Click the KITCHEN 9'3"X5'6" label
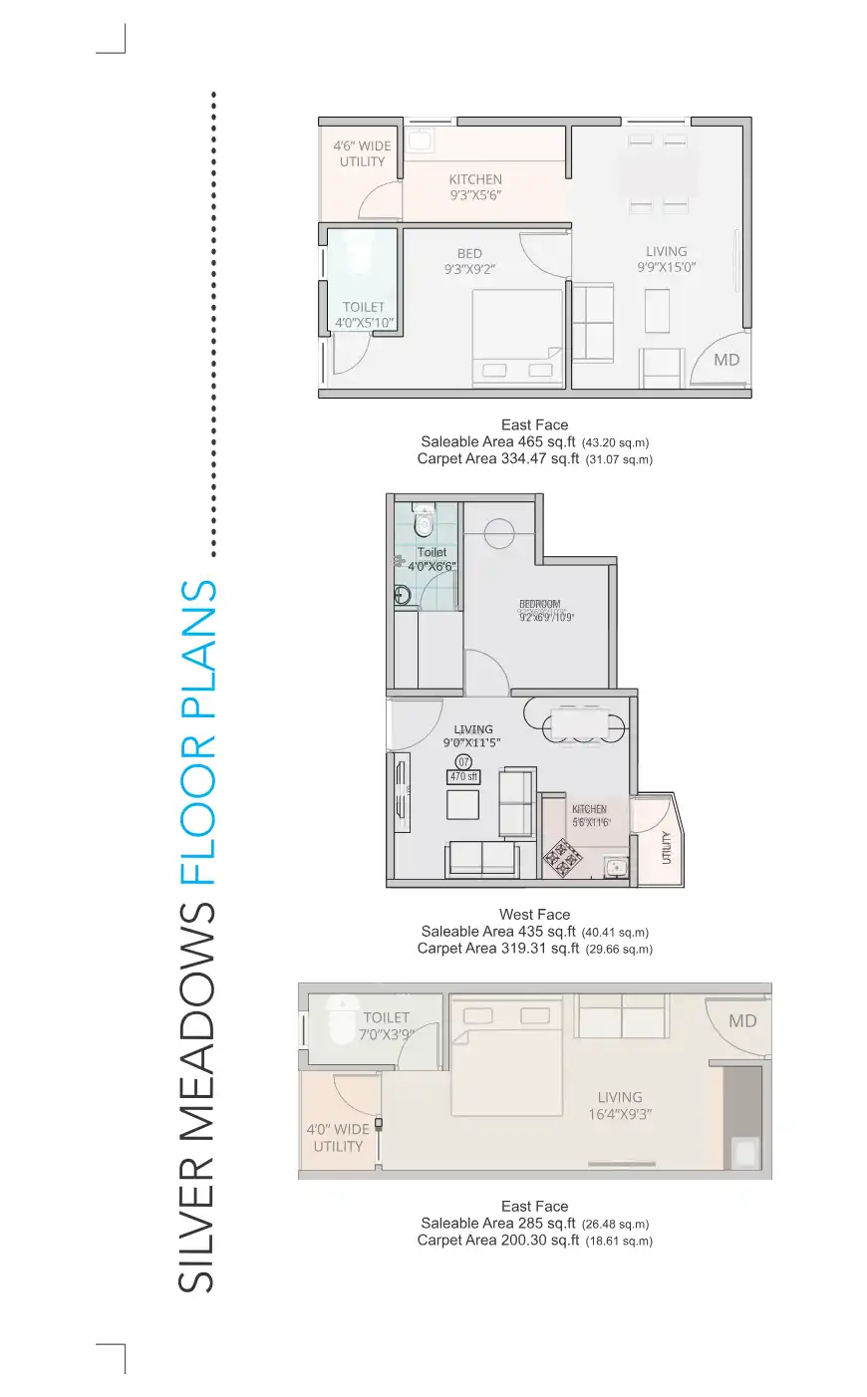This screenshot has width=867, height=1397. click(x=475, y=187)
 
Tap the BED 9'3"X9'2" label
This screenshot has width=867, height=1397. click(x=469, y=261)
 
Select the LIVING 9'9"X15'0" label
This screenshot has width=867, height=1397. click(x=666, y=259)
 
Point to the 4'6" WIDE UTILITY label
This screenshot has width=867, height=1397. click(x=362, y=153)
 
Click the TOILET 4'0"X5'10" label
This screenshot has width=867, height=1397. click(x=364, y=315)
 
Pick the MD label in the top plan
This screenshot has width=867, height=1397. click(x=726, y=360)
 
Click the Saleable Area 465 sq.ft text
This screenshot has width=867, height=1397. click(x=498, y=441)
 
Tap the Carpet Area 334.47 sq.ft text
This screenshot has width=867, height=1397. click(x=498, y=458)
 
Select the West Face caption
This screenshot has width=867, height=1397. click(x=534, y=914)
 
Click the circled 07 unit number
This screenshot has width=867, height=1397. click(x=463, y=762)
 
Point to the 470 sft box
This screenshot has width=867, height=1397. click(x=463, y=776)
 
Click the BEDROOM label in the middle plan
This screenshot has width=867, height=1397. click(x=540, y=605)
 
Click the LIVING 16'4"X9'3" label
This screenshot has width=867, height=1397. click(x=620, y=1106)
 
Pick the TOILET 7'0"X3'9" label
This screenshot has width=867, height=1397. click(x=387, y=1025)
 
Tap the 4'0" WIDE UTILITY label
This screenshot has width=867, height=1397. click(x=338, y=1138)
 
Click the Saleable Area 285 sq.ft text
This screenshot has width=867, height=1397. click(x=498, y=1223)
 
